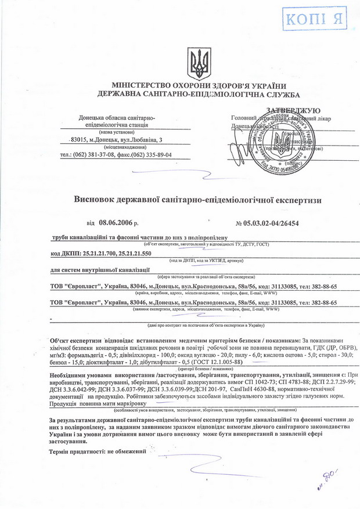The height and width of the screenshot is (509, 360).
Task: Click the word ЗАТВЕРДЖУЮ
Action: point(293,110)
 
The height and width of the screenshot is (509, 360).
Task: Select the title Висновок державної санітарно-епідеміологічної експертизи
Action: point(197,200)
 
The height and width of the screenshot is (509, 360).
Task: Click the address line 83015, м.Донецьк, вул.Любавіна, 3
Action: point(116,140)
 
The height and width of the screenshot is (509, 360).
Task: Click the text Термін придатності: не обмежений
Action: point(96,452)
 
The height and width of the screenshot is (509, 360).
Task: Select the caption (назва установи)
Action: point(116,132)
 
